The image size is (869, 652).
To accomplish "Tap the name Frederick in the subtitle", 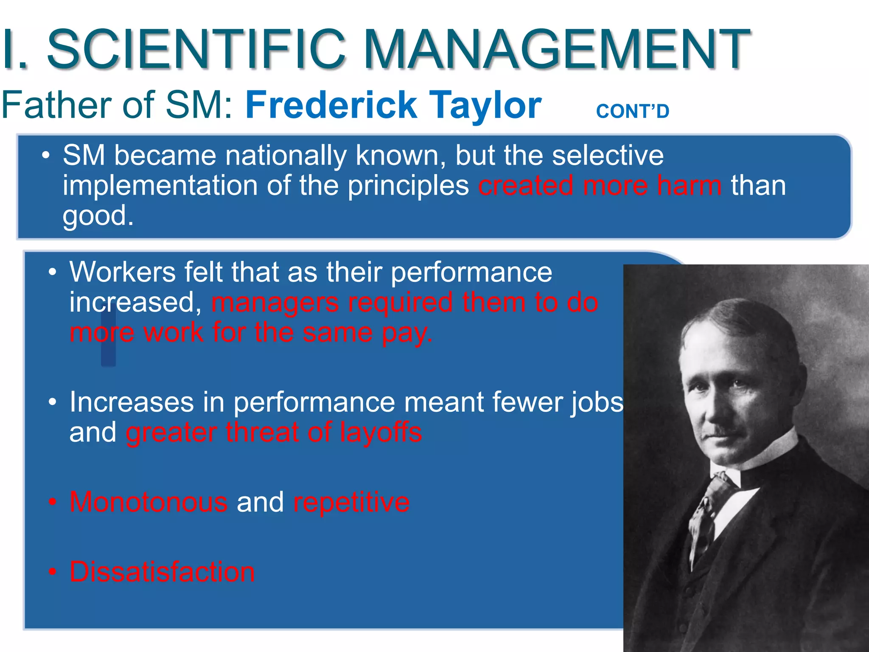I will pyautogui.click(x=331, y=105).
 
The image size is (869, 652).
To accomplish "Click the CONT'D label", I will pyautogui.click(x=632, y=111).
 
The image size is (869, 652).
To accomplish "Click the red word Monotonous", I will pyautogui.click(x=149, y=502).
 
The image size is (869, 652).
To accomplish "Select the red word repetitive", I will pyautogui.click(x=351, y=502).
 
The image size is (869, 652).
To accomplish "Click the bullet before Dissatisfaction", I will pyautogui.click(x=52, y=572).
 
